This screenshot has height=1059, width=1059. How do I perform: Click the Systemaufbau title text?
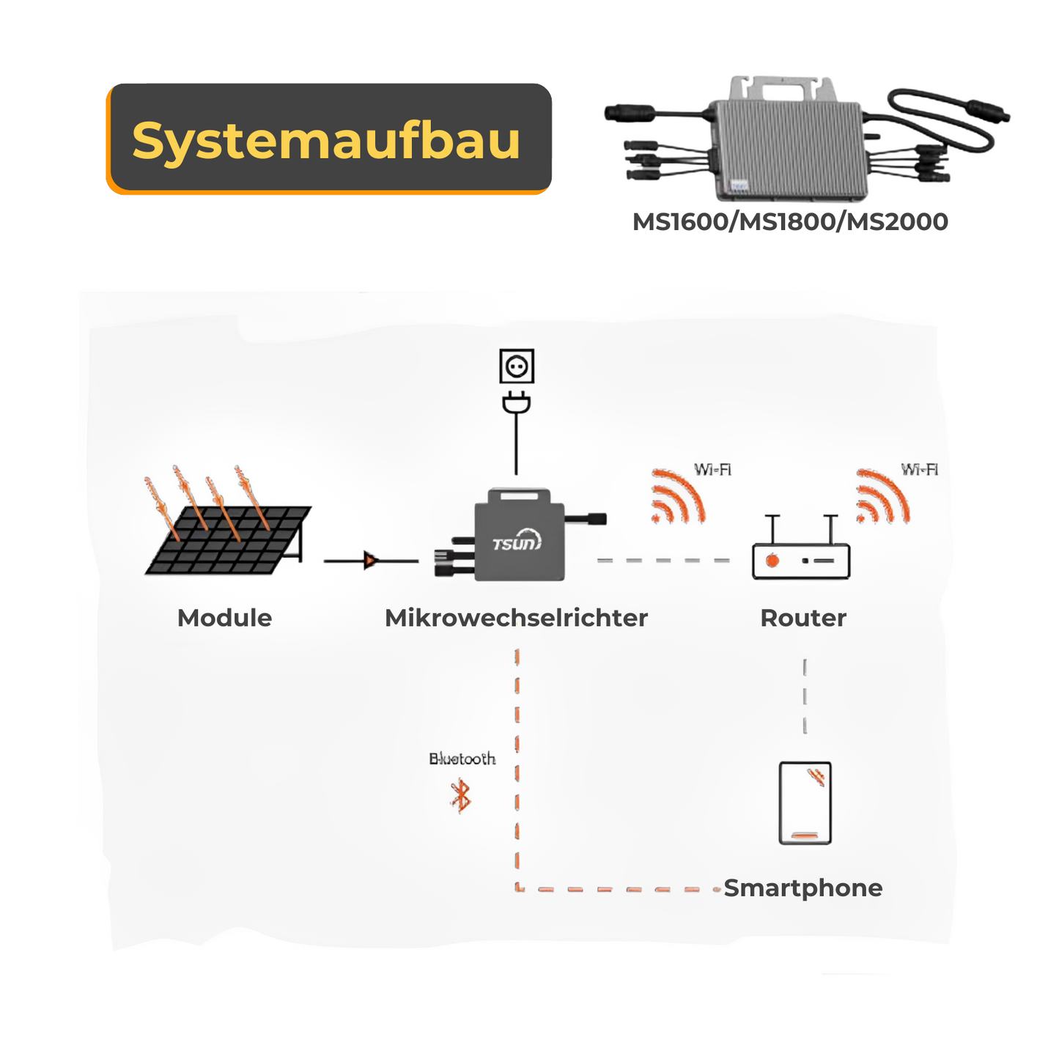(326, 139)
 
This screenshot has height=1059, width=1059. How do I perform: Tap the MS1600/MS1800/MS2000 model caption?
(790, 221)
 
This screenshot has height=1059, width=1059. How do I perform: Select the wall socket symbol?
(517, 366)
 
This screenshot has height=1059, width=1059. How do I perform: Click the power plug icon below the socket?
(517, 403)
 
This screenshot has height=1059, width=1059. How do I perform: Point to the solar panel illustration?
(228, 539)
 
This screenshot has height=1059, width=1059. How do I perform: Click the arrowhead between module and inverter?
(371, 561)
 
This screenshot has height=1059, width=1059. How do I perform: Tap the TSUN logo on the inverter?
(517, 542)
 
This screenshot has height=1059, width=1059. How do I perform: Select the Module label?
(224, 618)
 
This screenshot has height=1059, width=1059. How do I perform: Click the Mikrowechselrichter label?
(516, 618)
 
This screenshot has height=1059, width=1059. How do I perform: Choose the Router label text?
(803, 618)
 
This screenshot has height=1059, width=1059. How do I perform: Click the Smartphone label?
(803, 888)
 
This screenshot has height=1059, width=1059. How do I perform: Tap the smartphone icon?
(805, 803)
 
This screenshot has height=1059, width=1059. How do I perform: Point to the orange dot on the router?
(772, 561)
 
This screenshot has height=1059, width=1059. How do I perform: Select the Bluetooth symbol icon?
(460, 796)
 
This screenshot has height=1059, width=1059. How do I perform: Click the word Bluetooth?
(462, 759)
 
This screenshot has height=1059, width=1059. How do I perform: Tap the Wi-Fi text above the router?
(919, 469)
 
